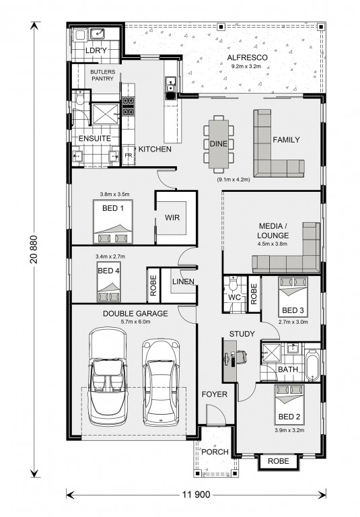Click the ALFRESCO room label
(247, 58)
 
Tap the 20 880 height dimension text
(34, 249)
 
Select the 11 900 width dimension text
(196, 494)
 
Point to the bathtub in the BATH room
(312, 366)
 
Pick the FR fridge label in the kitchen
(129, 156)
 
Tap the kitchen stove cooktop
(129, 106)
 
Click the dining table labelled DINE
(219, 144)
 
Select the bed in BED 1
(113, 221)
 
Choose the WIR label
(172, 217)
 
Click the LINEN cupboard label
(183, 281)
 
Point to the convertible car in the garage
(108, 376)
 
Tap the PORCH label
(215, 452)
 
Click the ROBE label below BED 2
(278, 461)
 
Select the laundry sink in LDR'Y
(98, 34)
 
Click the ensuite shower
(105, 114)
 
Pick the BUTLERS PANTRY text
(102, 75)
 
